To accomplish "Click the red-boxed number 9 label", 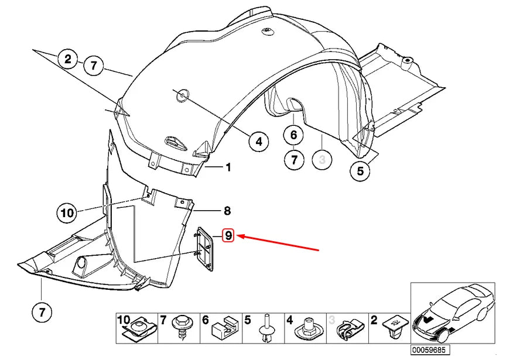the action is [x=228, y=235].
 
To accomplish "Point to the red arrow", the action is [x=278, y=242].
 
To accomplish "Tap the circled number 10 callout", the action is [x=67, y=212].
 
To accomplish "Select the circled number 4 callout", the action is [x=259, y=142].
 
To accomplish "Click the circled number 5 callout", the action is [x=360, y=171].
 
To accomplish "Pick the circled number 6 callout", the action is [x=293, y=135].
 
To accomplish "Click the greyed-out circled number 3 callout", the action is [x=322, y=159].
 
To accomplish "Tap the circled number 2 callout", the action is [x=68, y=59].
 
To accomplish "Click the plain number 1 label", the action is [x=228, y=167].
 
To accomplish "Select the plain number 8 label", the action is [x=227, y=211].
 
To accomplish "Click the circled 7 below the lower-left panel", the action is [x=42, y=312].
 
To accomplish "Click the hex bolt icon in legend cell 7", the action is [x=180, y=328].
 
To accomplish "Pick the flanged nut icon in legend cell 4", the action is [x=307, y=329].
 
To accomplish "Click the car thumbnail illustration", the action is [x=453, y=314].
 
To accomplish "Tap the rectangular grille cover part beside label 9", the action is [x=204, y=248].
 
